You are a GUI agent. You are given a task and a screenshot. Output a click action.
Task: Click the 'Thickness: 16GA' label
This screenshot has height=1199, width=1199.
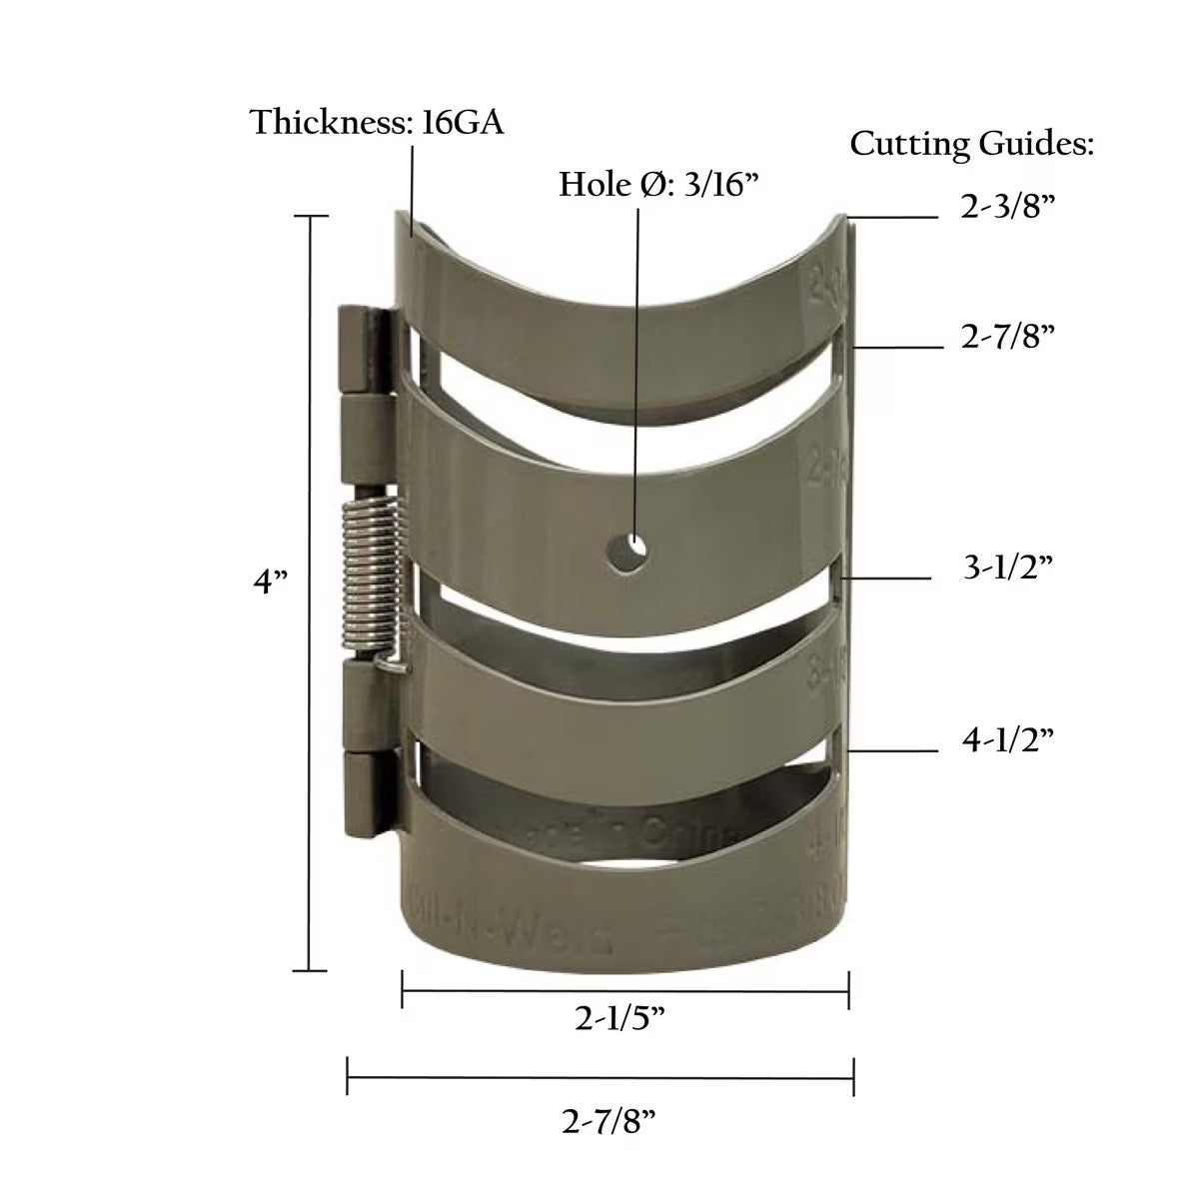pos(377,122)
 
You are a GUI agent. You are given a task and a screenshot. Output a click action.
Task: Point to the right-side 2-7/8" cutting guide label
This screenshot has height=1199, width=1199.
pos(1008,338)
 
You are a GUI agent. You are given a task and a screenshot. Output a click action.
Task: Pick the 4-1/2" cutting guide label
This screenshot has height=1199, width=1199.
pos(1007,739)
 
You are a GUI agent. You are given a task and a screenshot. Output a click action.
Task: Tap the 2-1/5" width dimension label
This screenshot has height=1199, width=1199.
pos(620,1019)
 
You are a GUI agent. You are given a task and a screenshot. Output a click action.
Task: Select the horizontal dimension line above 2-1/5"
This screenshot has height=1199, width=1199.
pos(624,991)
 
